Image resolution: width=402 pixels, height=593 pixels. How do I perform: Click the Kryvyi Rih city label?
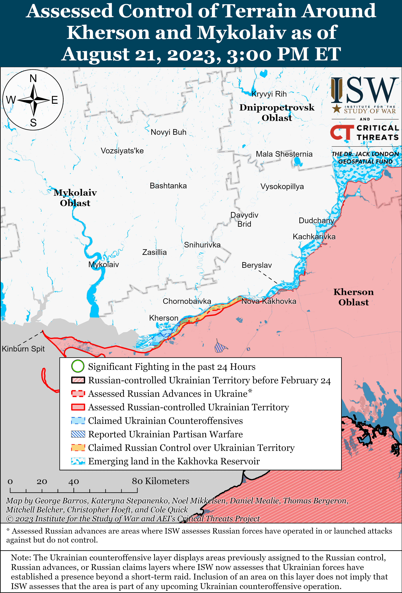click(269, 94)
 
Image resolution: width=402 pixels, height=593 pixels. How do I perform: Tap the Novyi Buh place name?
click(169, 132)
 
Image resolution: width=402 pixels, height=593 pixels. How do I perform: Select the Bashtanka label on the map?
click(168, 186)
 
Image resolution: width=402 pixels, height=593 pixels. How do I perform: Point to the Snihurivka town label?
click(202, 245)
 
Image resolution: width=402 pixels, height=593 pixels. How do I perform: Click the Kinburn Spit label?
click(23, 349)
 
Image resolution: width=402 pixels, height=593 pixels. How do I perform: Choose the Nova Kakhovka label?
click(269, 301)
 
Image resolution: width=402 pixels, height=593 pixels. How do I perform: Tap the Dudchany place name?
click(316, 221)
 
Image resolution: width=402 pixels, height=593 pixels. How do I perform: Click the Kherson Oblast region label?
click(353, 297)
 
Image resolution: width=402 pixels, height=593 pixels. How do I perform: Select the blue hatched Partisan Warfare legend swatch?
click(78, 434)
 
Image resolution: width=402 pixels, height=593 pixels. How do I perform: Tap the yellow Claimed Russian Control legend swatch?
click(78, 448)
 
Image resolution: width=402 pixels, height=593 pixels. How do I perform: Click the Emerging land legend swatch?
click(78, 461)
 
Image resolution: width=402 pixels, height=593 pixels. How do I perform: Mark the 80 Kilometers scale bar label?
click(160, 481)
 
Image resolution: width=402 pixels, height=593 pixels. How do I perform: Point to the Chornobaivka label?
click(187, 301)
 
